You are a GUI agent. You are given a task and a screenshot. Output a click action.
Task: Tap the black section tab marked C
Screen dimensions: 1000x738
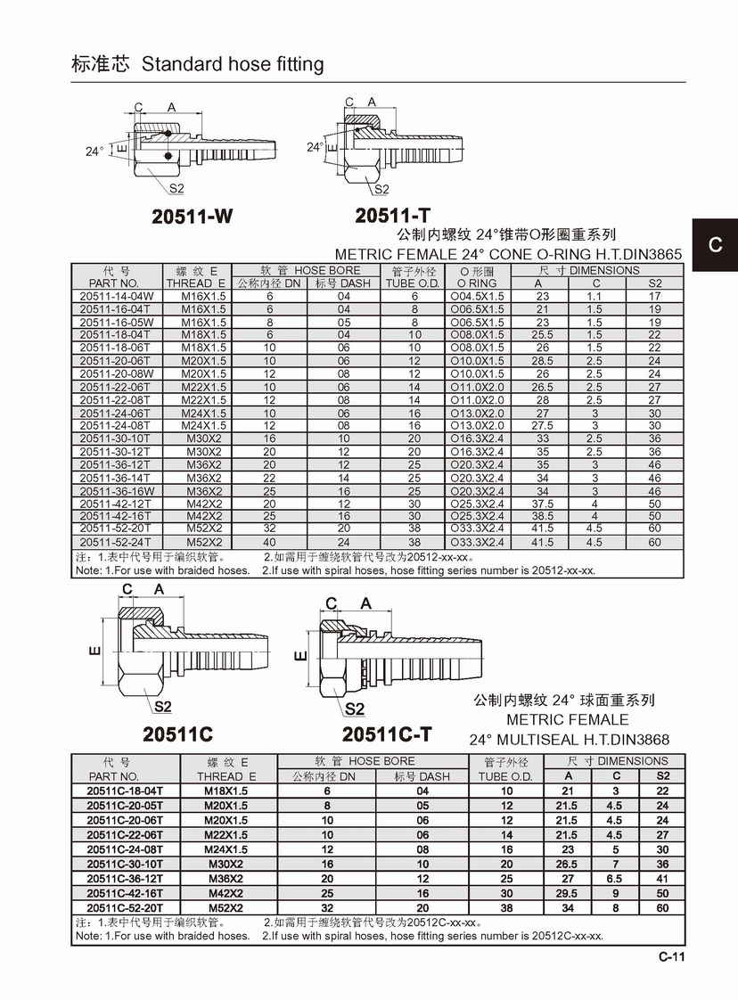[x=715, y=244]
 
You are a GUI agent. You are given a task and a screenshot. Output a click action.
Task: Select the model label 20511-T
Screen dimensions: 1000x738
[x=393, y=216]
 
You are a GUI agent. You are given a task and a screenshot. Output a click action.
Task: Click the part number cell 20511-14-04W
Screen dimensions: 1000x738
[x=117, y=295]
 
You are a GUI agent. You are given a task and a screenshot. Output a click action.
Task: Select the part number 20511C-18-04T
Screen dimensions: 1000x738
[x=126, y=791]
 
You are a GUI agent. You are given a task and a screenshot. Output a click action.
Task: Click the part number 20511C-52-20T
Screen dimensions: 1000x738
[x=126, y=908]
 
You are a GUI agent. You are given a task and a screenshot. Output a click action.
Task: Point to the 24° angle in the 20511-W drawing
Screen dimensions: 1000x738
[x=95, y=152]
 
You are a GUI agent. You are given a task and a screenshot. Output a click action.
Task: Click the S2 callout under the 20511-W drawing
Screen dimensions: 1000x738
[x=176, y=188]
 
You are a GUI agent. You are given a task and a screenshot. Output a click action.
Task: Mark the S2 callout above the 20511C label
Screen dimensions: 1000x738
[x=163, y=707]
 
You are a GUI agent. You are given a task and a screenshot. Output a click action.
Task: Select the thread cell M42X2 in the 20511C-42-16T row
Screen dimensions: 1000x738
[x=226, y=894]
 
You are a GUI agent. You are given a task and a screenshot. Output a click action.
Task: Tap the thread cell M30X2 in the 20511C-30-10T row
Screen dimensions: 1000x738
[x=226, y=865]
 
